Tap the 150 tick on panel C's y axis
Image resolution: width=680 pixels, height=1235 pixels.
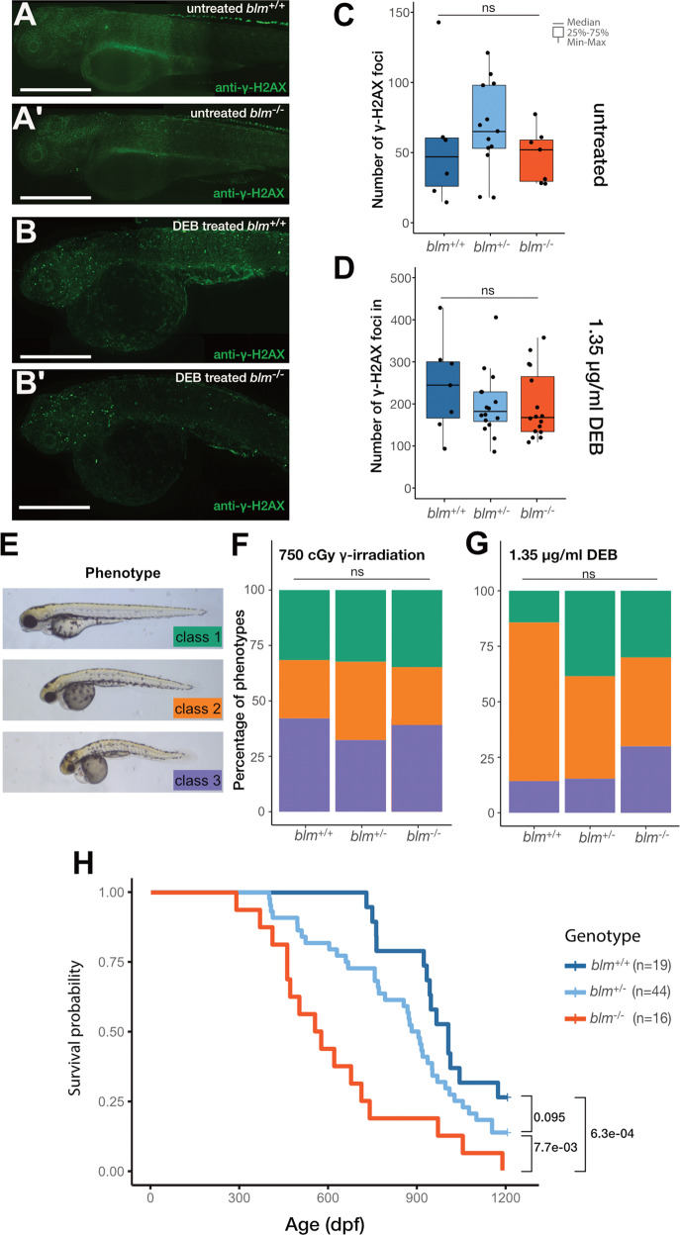(x=374, y=12)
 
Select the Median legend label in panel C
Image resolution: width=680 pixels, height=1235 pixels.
(x=585, y=21)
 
